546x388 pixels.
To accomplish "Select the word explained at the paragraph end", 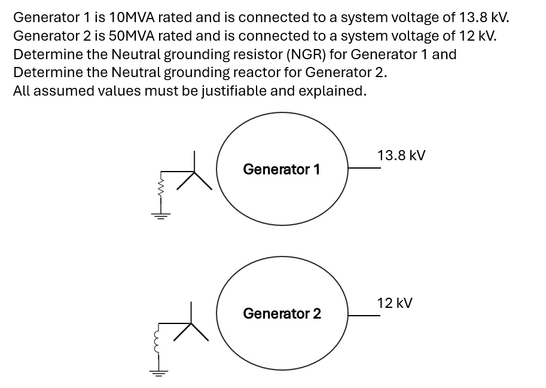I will [x=334, y=91].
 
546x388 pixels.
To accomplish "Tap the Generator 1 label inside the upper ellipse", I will [x=281, y=169].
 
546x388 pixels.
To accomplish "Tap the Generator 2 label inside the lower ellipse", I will [x=282, y=313].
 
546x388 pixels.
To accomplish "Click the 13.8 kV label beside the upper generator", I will [x=401, y=155].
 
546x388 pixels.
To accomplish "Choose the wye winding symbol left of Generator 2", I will [x=191, y=326].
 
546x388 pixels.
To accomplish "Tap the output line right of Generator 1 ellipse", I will [x=364, y=168].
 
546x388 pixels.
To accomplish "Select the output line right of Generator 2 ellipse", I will [x=364, y=315].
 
